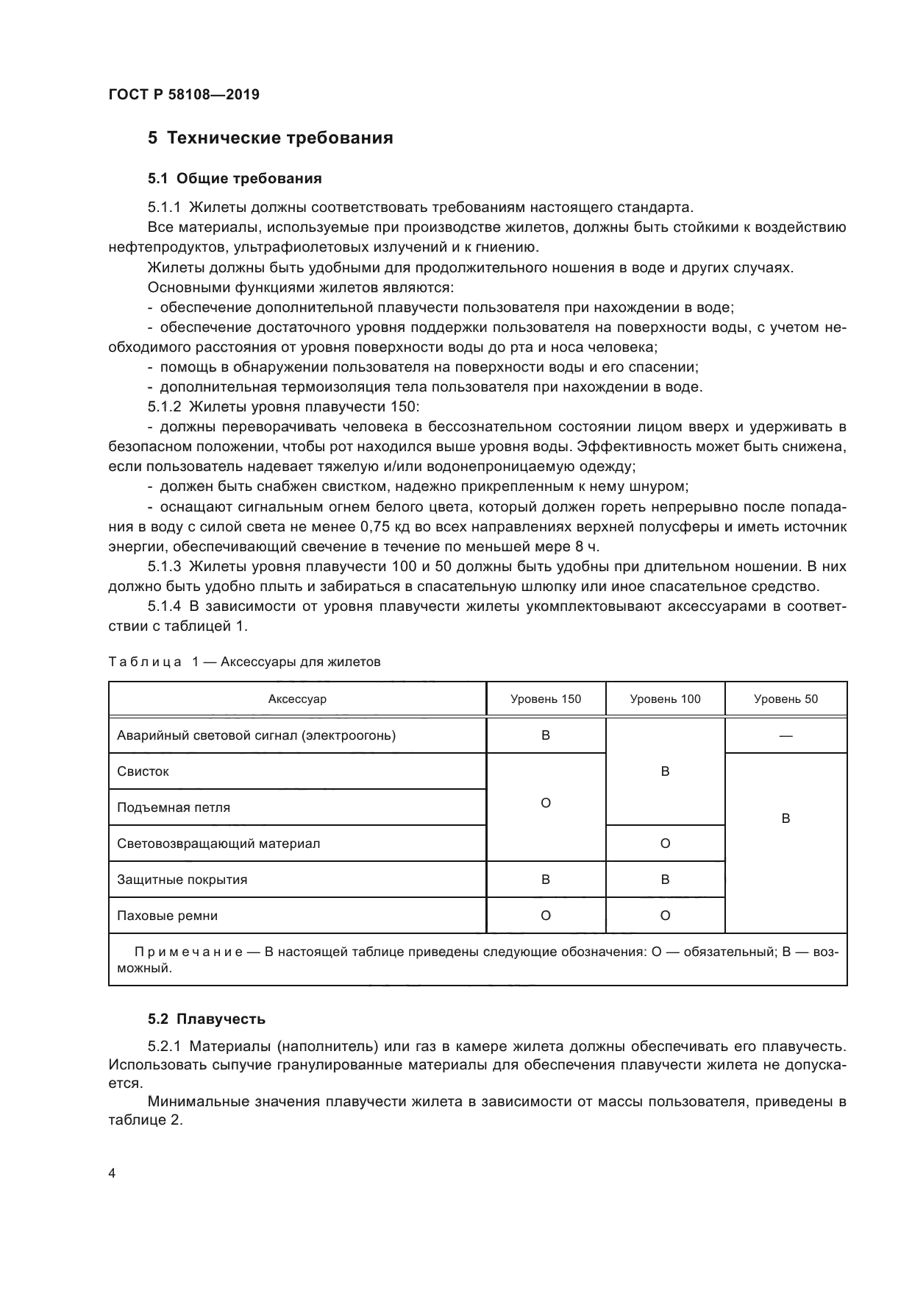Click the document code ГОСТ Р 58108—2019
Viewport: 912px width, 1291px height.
[183, 95]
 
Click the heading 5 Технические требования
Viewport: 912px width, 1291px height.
[270, 138]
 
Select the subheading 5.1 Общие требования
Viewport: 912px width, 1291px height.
[235, 178]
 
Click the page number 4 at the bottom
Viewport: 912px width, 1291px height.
[112, 1173]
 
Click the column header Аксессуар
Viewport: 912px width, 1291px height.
[297, 699]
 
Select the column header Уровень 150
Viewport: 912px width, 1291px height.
[546, 699]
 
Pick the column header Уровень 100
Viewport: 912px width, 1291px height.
[665, 699]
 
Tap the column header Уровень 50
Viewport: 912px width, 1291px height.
[785, 699]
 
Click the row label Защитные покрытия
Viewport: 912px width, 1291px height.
[182, 880]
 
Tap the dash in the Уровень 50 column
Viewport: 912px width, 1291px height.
[785, 736]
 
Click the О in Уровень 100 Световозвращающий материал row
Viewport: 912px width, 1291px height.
[665, 843]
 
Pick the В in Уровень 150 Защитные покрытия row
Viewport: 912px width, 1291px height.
[546, 880]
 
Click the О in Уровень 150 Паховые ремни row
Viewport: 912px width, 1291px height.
[546, 916]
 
